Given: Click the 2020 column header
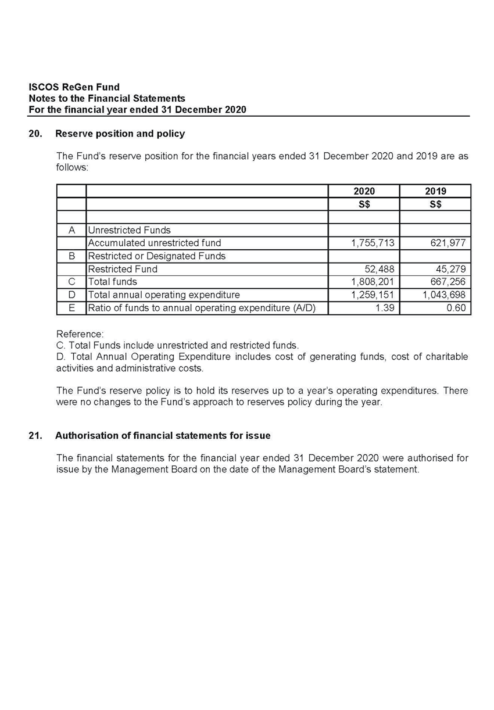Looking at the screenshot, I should (x=364, y=191).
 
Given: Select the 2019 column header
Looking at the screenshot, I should (x=435, y=191).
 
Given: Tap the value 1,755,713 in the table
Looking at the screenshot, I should (x=373, y=243).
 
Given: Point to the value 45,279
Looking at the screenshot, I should (x=452, y=269).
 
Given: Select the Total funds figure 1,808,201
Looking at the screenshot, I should (x=373, y=282).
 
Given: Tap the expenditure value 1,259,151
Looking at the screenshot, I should (x=373, y=295).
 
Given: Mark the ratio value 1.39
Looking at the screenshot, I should (x=384, y=308).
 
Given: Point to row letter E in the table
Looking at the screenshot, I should (x=71, y=308).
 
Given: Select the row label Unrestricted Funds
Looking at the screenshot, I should (x=129, y=230).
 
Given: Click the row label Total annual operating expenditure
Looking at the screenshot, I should (x=163, y=295).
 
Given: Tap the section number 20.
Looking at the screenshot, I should (x=35, y=134).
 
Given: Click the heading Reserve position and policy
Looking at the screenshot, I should (x=120, y=134).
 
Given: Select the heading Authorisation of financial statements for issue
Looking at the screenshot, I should (x=163, y=435).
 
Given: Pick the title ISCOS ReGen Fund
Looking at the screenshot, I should (x=74, y=88).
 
